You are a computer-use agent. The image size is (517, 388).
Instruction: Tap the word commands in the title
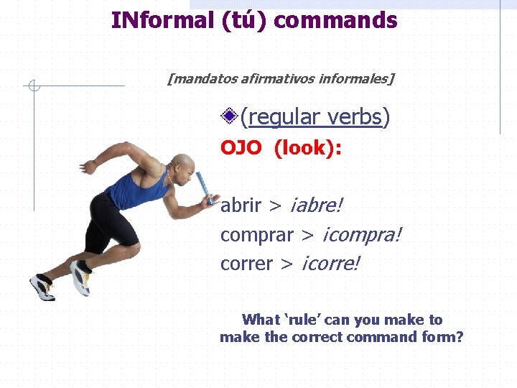pyautogui.click(x=335, y=20)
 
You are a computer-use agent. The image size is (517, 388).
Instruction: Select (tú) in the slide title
pyautogui.click(x=243, y=20)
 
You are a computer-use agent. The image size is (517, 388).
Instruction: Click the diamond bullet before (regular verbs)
pyautogui.click(x=230, y=115)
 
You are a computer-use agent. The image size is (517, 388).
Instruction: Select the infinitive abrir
pyautogui.click(x=241, y=206)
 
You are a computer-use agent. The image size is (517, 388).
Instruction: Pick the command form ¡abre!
pyautogui.click(x=316, y=206)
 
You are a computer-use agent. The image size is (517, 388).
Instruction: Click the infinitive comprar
pyautogui.click(x=256, y=235)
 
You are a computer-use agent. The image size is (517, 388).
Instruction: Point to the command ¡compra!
pyautogui.click(x=361, y=235)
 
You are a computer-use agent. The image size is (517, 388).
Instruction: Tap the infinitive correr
pyautogui.click(x=246, y=264)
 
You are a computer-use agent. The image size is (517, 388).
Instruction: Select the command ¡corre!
pyautogui.click(x=330, y=264)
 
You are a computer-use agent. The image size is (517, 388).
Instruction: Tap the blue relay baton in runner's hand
pyautogui.click(x=204, y=185)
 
